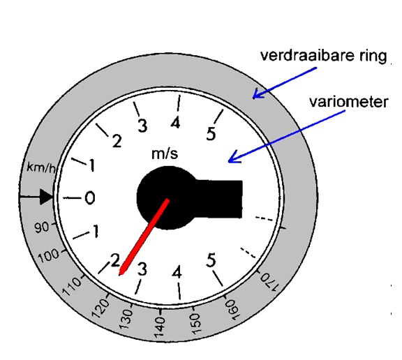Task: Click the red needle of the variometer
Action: (x=144, y=237)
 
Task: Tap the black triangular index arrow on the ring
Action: (x=46, y=197)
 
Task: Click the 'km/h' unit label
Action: (x=41, y=167)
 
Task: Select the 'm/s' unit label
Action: (x=165, y=153)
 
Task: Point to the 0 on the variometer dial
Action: (x=89, y=198)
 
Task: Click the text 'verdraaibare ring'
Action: (x=323, y=56)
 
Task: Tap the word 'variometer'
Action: (x=349, y=102)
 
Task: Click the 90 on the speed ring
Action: (x=42, y=227)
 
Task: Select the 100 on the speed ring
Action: (x=49, y=255)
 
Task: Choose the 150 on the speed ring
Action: (x=195, y=324)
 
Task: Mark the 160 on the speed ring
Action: (x=232, y=310)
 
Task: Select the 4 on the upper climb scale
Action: (x=176, y=123)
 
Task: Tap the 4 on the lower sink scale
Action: (x=177, y=272)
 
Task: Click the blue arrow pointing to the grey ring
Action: (x=285, y=83)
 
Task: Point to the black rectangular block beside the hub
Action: (x=219, y=199)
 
